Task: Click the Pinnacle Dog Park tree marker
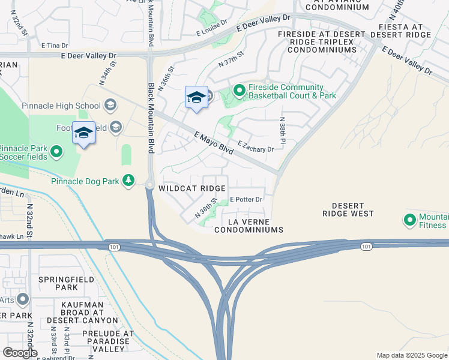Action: (x=128, y=180)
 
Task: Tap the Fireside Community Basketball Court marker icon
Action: (x=240, y=91)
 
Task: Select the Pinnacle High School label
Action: (x=61, y=106)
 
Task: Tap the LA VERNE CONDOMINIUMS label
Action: (x=248, y=226)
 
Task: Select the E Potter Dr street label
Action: (x=246, y=199)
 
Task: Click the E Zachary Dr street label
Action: (x=256, y=146)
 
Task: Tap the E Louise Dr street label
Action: (x=212, y=25)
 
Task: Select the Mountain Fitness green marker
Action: (x=411, y=220)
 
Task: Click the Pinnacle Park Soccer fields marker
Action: (x=56, y=151)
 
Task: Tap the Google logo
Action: (x=20, y=353)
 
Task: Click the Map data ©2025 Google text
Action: (x=411, y=355)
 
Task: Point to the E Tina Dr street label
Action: (x=54, y=46)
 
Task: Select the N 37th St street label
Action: (x=231, y=58)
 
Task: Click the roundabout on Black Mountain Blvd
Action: (x=149, y=185)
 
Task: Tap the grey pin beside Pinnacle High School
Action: (x=110, y=106)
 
